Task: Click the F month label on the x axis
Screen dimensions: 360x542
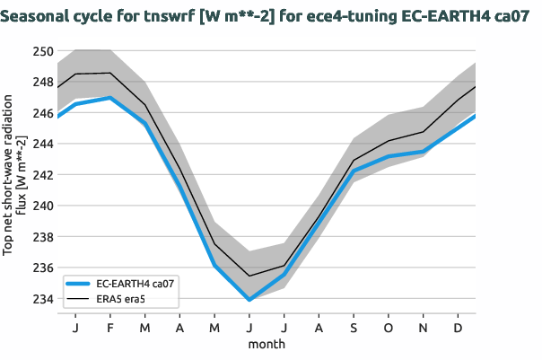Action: [x=109, y=329]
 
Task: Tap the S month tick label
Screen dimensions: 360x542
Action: [x=354, y=329]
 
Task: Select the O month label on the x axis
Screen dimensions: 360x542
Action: [x=389, y=329]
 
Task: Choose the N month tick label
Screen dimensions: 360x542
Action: [x=424, y=329]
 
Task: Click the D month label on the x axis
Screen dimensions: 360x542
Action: [x=459, y=329]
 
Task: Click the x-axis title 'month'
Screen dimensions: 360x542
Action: [x=267, y=344]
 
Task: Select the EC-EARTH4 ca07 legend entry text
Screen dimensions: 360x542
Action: [x=137, y=283]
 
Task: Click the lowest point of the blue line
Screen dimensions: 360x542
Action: [x=249, y=300]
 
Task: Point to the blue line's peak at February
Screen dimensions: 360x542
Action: [x=109, y=98]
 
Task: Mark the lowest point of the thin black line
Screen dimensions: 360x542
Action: [x=249, y=276]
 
